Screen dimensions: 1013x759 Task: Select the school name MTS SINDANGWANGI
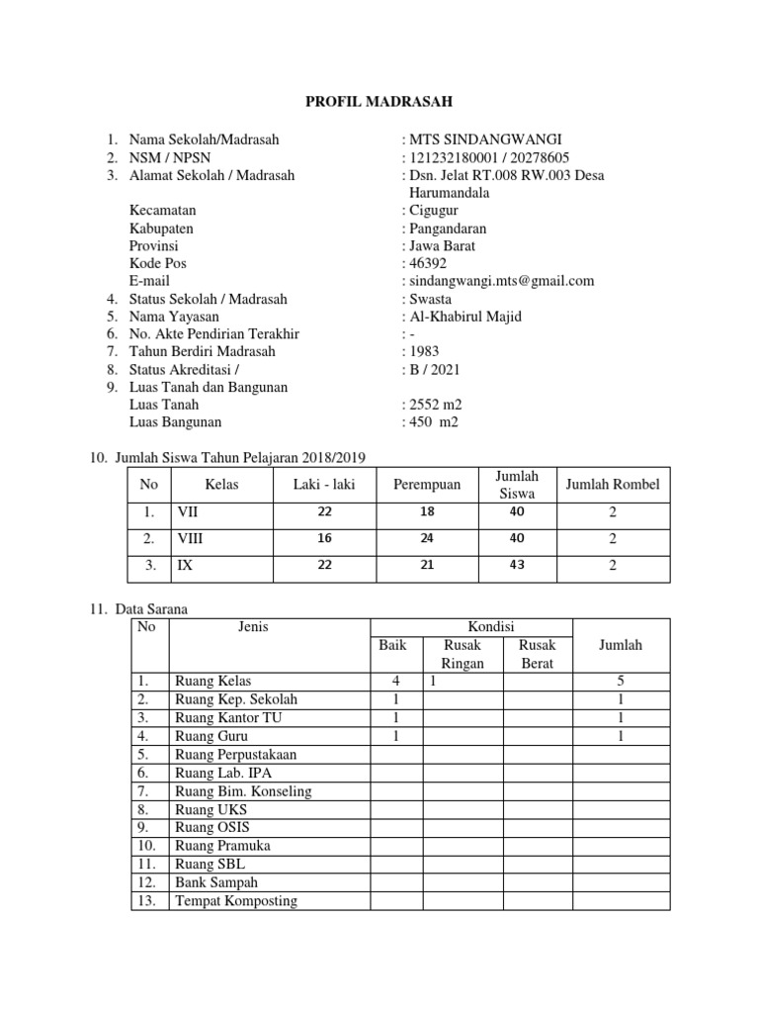[482, 139]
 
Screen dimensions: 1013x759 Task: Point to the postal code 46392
[427, 263]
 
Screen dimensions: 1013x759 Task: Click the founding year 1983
[423, 351]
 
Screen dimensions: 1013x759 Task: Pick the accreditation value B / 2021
[434, 369]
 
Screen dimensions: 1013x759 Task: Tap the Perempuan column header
[427, 485]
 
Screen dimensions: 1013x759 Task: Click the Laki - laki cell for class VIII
[325, 539]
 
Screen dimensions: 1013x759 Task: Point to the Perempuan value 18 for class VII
[427, 511]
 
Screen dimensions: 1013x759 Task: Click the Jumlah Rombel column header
[612, 485]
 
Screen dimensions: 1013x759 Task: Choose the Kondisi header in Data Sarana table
[470, 626]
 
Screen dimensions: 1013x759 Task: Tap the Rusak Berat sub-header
[538, 654]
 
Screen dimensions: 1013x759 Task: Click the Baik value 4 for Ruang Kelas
[394, 682]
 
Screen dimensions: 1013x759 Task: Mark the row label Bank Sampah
[214, 882]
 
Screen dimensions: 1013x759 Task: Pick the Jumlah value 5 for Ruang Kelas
[620, 682]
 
